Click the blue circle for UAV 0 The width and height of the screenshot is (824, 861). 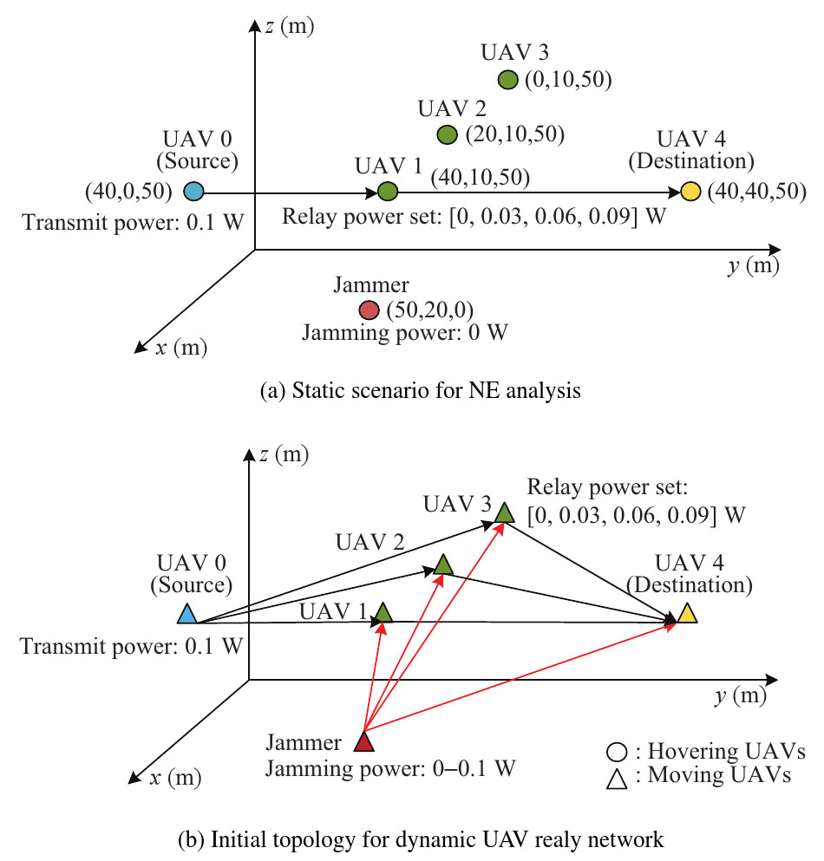(x=193, y=192)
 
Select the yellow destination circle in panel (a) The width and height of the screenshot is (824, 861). (x=690, y=192)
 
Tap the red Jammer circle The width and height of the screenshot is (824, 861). (x=369, y=310)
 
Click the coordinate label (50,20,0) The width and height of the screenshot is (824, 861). (x=430, y=310)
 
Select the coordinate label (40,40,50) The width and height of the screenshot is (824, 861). (x=757, y=191)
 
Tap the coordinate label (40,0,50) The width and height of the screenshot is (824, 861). (x=128, y=191)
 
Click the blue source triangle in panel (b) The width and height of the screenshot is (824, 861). (x=186, y=613)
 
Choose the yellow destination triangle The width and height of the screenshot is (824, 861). (x=687, y=613)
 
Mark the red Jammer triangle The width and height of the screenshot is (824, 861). (x=363, y=741)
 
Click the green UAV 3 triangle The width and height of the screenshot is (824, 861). (x=504, y=512)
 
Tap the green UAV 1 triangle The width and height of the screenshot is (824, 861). (x=383, y=612)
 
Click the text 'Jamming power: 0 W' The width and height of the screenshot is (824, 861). (x=405, y=333)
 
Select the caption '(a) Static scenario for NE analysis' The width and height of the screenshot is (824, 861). (x=420, y=390)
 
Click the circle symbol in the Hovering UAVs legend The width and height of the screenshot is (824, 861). (x=617, y=752)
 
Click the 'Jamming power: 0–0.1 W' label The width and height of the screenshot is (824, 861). (x=390, y=768)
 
